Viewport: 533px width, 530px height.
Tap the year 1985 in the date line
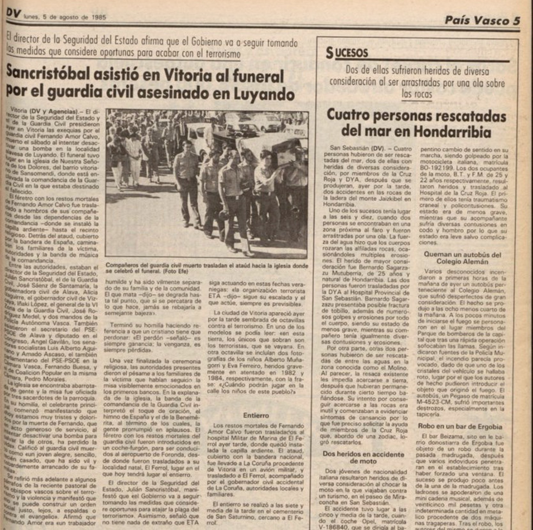tap(98, 18)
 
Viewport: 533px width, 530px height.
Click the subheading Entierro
tap(256, 416)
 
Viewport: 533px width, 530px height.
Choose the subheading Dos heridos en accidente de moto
tap(363, 457)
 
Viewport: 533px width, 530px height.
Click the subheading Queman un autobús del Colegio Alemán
tap(462, 258)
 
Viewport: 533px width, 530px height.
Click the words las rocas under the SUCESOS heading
tap(417, 94)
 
